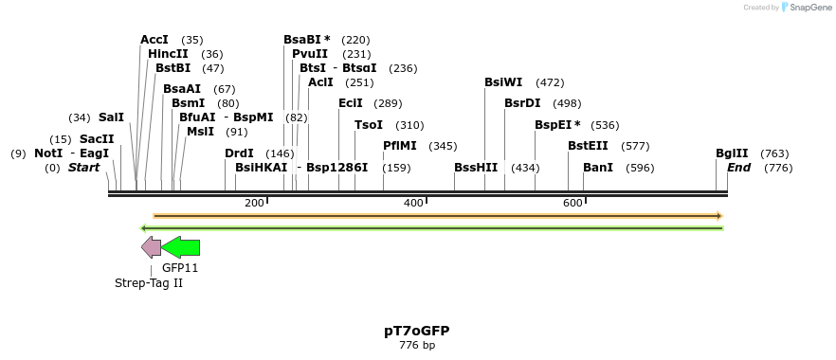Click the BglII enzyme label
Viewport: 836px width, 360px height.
coord(732,153)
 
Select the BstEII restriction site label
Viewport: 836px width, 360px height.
coord(588,146)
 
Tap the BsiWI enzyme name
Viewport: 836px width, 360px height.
coord(503,82)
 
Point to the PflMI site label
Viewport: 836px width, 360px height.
coord(400,146)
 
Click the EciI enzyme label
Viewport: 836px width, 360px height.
coord(351,103)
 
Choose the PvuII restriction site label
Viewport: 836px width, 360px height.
coord(310,54)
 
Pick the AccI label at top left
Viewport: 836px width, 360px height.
coord(154,40)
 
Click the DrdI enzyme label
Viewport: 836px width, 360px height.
coord(239,153)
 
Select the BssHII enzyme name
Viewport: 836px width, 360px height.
coord(476,168)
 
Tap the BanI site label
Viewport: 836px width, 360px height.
coord(598,168)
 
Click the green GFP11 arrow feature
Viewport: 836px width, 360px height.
coord(181,247)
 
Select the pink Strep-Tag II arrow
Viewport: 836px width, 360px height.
coord(151,247)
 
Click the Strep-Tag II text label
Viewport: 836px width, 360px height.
coord(149,283)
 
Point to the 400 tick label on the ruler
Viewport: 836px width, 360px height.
coord(413,204)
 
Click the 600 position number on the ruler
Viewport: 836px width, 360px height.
coord(572,204)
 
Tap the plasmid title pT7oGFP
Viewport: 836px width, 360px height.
coord(417,331)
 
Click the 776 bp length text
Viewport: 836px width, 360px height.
coord(417,346)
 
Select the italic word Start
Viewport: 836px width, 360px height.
coord(83,168)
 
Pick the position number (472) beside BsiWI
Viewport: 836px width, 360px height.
coord(550,82)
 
